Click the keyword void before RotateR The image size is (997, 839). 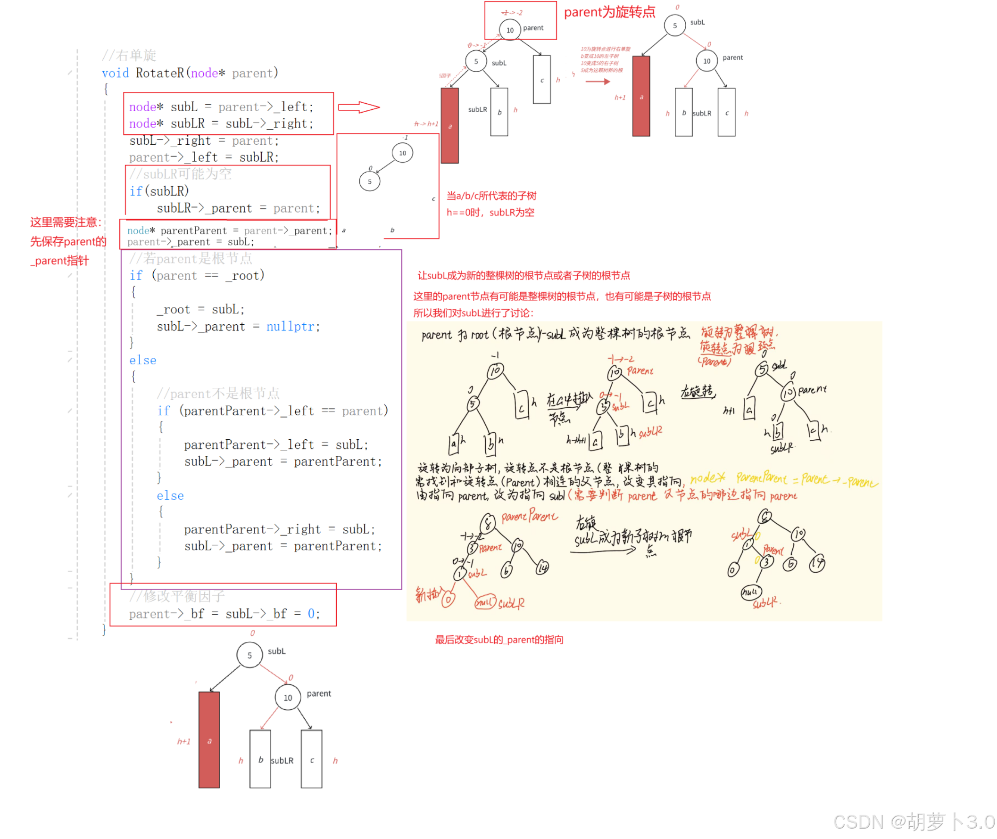tap(115, 73)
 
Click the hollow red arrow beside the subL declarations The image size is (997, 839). tap(358, 107)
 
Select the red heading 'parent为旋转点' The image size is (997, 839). tap(609, 12)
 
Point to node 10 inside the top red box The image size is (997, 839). tap(510, 30)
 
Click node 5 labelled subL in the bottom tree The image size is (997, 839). tap(249, 655)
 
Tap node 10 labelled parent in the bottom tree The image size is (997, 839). tap(287, 697)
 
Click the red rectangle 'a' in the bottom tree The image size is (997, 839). tap(209, 740)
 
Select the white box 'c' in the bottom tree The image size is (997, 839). tap(311, 759)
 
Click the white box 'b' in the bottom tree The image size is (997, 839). tap(260, 759)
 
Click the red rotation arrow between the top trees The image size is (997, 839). tap(598, 82)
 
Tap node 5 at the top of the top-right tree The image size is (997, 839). tap(674, 25)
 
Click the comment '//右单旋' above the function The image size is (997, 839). tap(129, 55)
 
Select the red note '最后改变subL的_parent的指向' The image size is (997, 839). tap(499, 640)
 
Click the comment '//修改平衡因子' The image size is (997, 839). tap(177, 596)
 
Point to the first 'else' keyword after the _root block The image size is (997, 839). tap(143, 360)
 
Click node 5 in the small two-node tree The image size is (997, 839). tap(369, 181)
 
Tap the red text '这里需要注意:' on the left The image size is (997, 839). tap(66, 222)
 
